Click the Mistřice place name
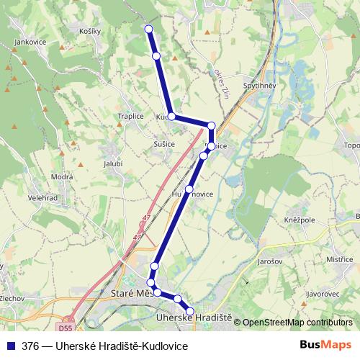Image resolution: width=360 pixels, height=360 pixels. click(338, 259)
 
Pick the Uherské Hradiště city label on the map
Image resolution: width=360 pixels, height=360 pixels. click(194, 317)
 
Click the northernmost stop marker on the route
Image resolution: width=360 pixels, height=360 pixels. click(149, 29)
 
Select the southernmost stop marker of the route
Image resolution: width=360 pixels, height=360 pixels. click(190, 310)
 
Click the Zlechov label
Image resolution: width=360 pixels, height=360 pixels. click(13, 297)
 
